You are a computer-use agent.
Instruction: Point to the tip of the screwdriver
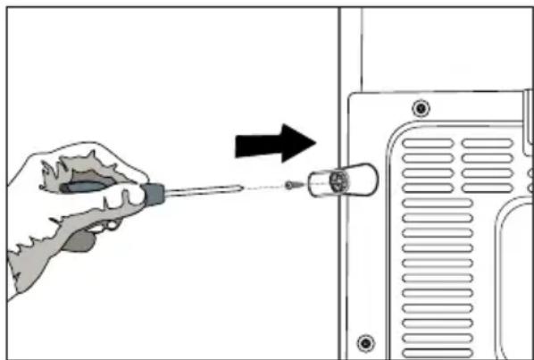coord(241,187)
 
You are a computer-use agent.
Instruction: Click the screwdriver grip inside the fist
coord(89,188)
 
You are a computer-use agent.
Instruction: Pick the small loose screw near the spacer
coord(293,186)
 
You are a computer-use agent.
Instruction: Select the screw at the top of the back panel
coord(419,108)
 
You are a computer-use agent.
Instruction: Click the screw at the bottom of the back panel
coord(363,341)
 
